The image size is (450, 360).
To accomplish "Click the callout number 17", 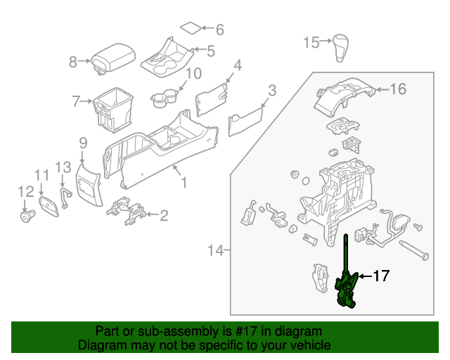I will [x=380, y=276].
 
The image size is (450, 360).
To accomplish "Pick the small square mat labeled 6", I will [x=189, y=28].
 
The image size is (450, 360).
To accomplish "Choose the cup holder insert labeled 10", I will [x=164, y=98].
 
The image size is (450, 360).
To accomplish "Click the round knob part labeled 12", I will [x=28, y=216].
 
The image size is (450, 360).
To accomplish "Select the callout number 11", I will [x=41, y=175].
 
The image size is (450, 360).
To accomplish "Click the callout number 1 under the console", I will [x=184, y=184].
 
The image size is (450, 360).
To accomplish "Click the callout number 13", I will [x=63, y=167].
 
